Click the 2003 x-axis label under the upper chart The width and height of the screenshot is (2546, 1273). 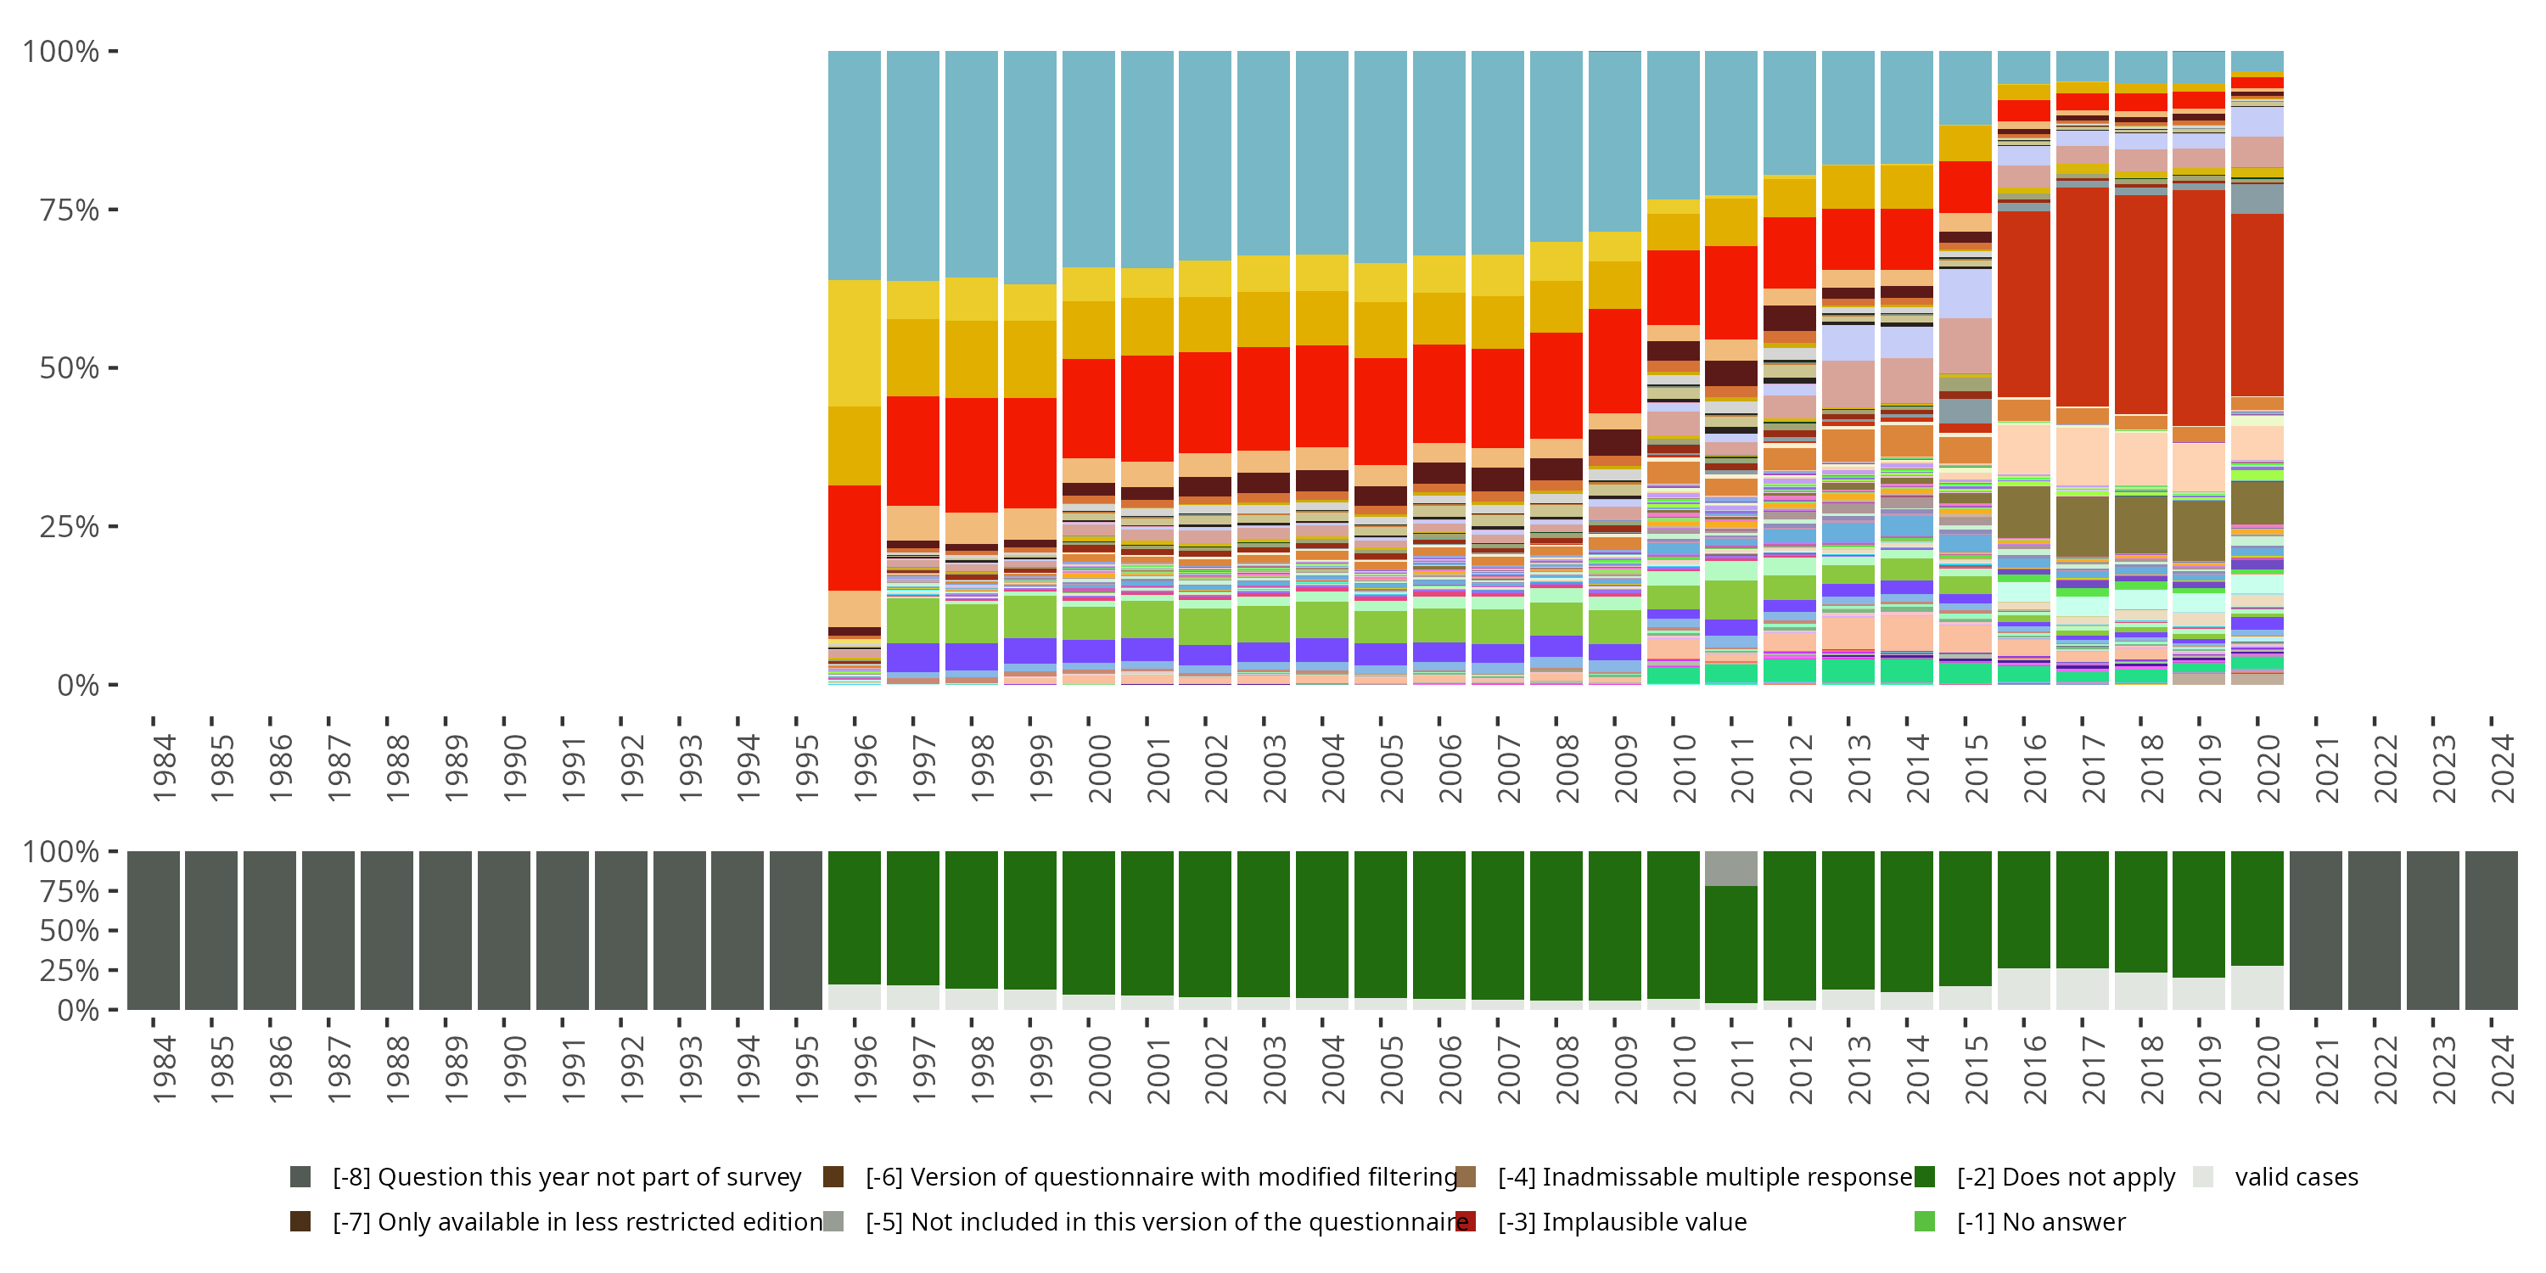pos(1274,768)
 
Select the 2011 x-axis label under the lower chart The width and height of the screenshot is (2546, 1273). pos(1741,1069)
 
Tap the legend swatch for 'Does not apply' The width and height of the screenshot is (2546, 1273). pos(1924,1176)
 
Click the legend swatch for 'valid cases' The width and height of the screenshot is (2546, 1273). pos(2202,1176)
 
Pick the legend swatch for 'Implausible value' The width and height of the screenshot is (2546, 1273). pos(1466,1221)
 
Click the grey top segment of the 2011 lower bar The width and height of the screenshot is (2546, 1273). pos(1730,869)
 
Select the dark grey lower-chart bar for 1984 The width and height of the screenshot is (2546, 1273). pos(154,930)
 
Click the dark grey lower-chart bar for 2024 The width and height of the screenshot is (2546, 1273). pos(2491,930)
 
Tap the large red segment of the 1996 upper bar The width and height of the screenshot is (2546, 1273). pos(854,538)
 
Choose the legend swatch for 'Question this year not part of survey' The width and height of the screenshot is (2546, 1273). pos(300,1176)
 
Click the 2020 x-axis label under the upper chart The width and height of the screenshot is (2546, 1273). pos(2268,768)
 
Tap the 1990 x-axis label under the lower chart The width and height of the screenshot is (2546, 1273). pos(514,1069)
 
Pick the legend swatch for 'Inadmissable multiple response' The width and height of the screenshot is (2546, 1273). pos(1466,1176)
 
